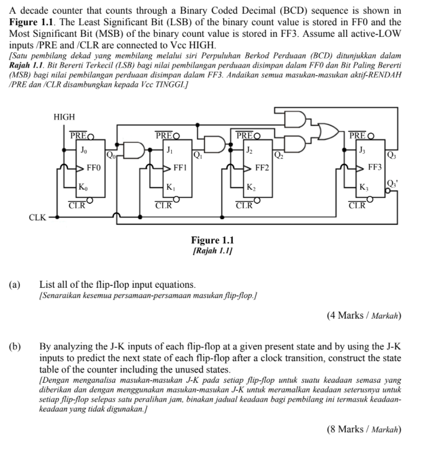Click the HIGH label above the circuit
point(64,117)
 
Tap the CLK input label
point(37,218)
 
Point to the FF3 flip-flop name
point(375,168)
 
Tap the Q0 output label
point(110,154)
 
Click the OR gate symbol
point(327,132)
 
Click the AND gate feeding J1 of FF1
point(135,149)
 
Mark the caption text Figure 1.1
point(212,240)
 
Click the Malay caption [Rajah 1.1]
point(212,250)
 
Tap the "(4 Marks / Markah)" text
point(364,316)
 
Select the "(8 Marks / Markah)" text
point(364,429)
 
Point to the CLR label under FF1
point(164,206)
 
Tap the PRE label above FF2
point(247,136)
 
